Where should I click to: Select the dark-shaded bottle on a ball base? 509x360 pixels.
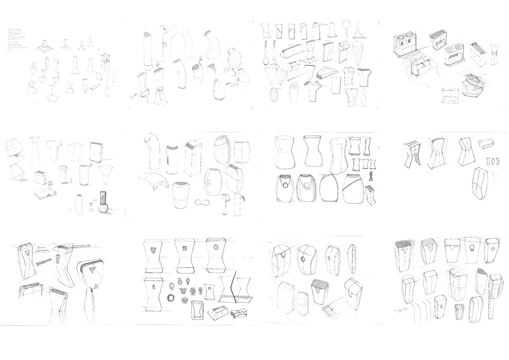point(103,204)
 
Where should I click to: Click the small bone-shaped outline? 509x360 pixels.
point(202,201)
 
